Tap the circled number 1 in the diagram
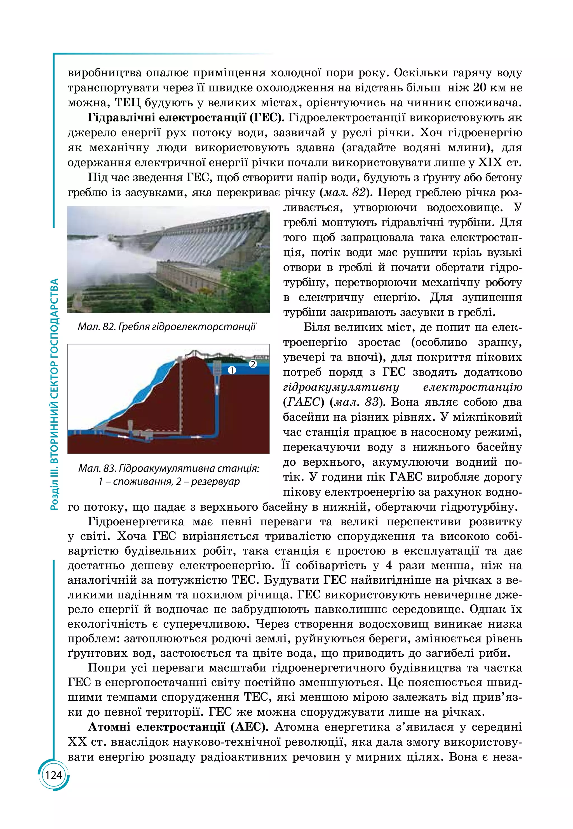pyautogui.click(x=232, y=370)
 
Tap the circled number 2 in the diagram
pyautogui.click(x=253, y=364)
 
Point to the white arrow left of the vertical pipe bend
pyautogui.click(x=196, y=437)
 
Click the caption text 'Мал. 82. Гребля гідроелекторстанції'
pyautogui.click(x=167, y=327)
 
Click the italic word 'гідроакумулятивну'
pyautogui.click(x=341, y=387)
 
